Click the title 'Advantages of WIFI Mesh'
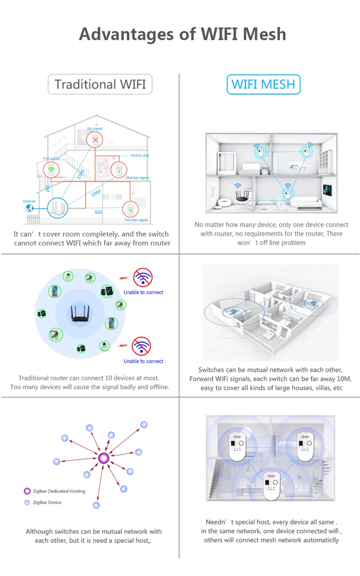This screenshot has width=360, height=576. click(x=182, y=35)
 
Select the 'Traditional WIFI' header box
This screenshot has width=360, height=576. click(x=100, y=85)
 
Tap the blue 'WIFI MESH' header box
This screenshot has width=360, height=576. click(x=264, y=85)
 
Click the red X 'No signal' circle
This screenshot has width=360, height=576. click(x=95, y=140)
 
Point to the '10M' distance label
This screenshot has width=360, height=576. click(x=96, y=193)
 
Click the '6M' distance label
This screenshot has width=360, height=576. click(x=98, y=212)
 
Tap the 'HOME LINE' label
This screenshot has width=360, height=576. click(x=140, y=156)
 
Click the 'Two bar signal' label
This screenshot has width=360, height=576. click(x=137, y=220)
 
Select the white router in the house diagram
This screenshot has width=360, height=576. click(x=58, y=208)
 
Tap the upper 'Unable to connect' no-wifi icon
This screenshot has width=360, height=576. click(x=143, y=278)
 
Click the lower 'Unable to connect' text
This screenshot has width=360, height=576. click(x=144, y=361)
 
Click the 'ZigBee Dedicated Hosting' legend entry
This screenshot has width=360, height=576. click(x=59, y=491)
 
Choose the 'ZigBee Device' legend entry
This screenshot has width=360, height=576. click(x=47, y=502)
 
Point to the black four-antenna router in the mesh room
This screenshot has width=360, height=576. click(x=240, y=194)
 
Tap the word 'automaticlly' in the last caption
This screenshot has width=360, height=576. click(x=320, y=540)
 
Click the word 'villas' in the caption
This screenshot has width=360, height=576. click(x=320, y=388)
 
